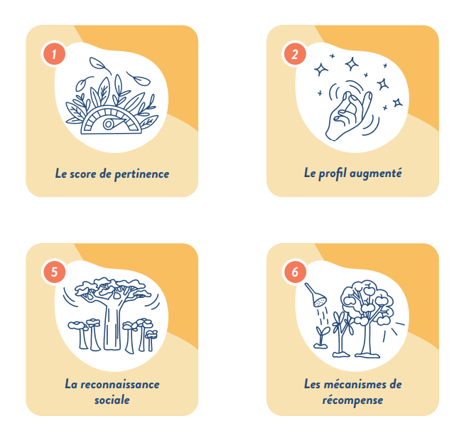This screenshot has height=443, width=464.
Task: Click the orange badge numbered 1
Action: point(54,54)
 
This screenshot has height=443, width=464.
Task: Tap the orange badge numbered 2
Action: point(295,54)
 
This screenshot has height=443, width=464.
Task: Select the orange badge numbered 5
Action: point(54,272)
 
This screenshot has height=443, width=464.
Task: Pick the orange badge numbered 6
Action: point(295,272)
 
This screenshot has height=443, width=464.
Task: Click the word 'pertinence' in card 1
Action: point(141,174)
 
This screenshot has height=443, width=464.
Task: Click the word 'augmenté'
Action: point(375,174)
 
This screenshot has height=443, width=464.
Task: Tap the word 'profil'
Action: point(333,174)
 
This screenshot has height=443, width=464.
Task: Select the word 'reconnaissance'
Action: point(119,385)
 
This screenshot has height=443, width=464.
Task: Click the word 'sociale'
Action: point(112,400)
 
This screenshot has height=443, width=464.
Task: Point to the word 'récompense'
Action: point(352,400)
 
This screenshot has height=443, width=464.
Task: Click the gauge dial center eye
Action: point(108,124)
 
